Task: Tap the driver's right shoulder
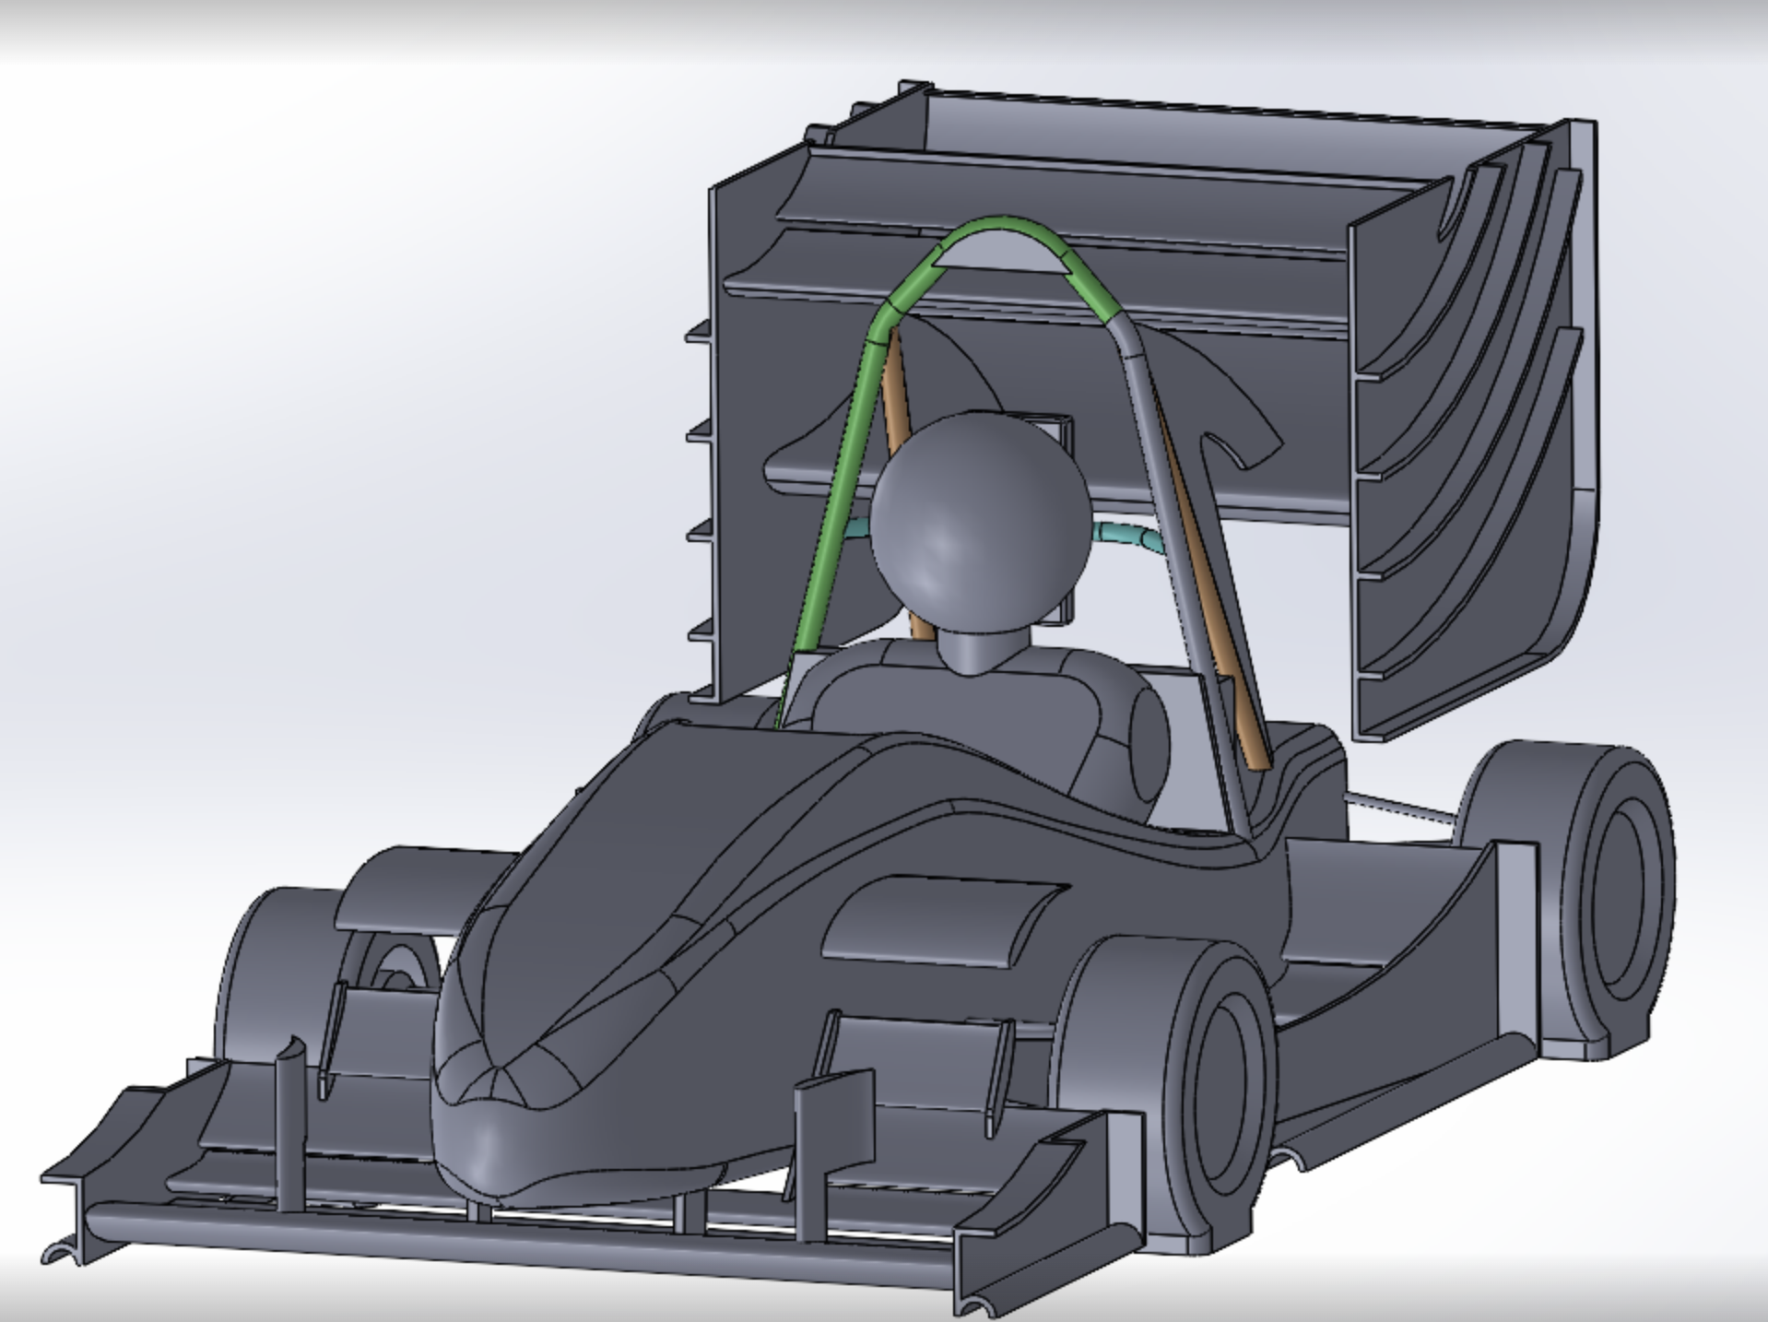1134,738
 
